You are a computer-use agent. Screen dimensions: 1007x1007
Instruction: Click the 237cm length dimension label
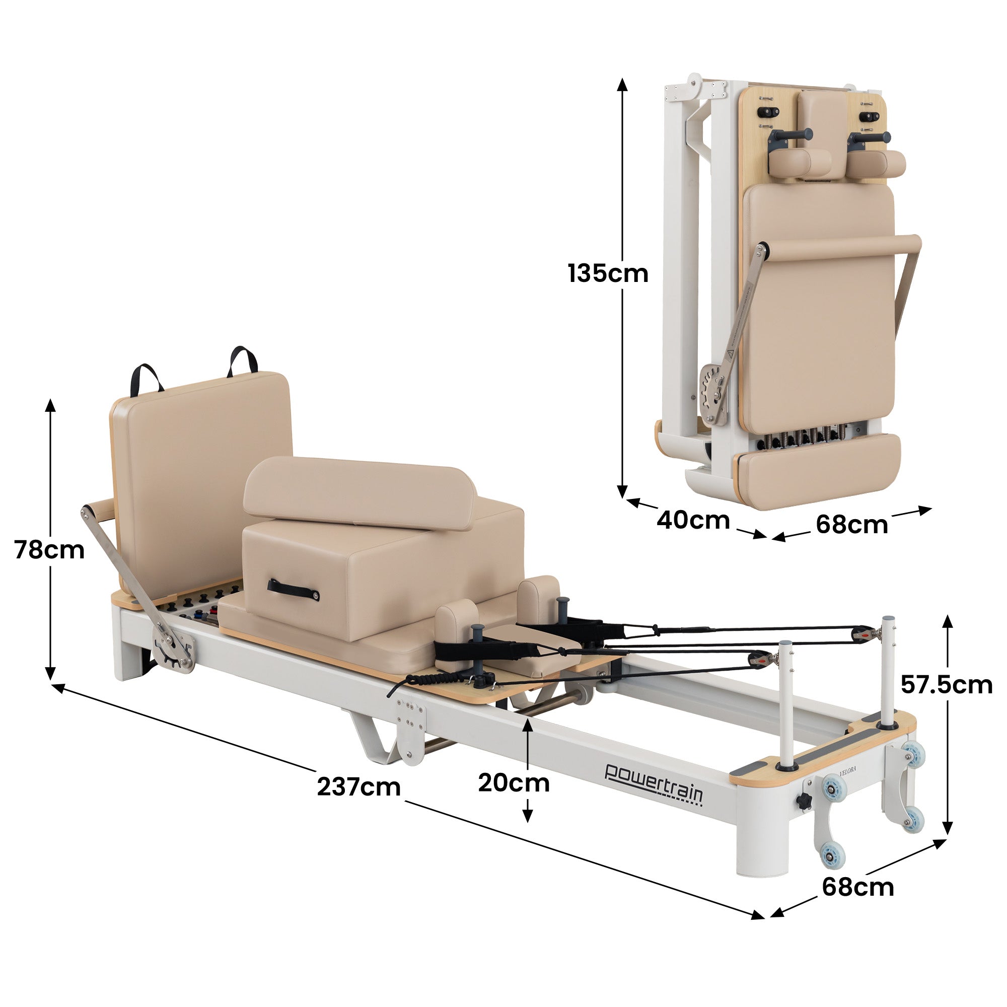tap(358, 786)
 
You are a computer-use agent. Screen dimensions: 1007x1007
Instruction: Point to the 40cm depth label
tap(693, 520)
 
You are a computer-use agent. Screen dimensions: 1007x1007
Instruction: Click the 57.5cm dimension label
tap(947, 684)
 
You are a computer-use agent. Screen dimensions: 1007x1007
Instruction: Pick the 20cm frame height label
tap(514, 783)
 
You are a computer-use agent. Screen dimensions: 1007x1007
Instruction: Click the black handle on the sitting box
tap(294, 590)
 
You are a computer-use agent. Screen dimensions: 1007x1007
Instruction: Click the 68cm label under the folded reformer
tap(852, 524)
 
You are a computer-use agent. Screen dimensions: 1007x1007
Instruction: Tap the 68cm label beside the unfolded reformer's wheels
tap(858, 887)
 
